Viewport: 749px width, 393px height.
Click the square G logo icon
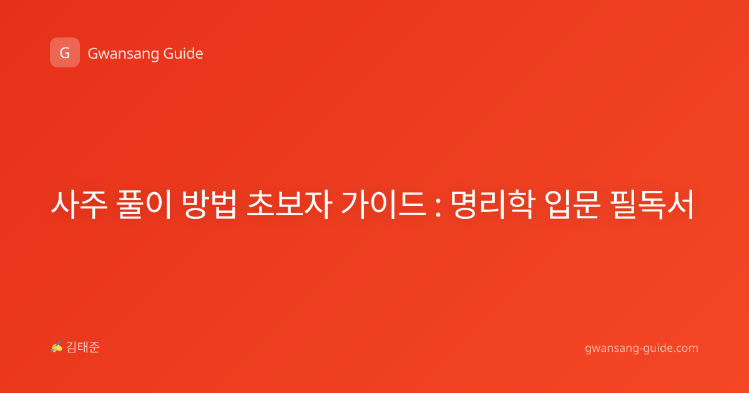pos(65,52)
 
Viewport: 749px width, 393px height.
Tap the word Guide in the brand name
pos(184,54)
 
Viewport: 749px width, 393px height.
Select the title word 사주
pos(79,205)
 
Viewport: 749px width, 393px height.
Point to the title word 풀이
pos(145,205)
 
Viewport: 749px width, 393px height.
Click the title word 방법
pos(209,205)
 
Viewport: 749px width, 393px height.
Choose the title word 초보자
pos(289,205)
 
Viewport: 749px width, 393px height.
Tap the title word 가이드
pos(383,205)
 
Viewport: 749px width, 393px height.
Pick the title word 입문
pos(572,205)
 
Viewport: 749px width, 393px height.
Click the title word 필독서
pos(652,205)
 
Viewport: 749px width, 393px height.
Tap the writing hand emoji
pos(57,347)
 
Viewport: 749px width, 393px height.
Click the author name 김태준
pos(83,347)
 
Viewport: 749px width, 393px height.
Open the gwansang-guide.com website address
pos(642,349)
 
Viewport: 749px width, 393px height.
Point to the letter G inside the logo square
pos(65,53)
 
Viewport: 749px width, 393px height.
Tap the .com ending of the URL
pos(686,348)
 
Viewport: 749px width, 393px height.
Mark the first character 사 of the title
pos(64,205)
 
